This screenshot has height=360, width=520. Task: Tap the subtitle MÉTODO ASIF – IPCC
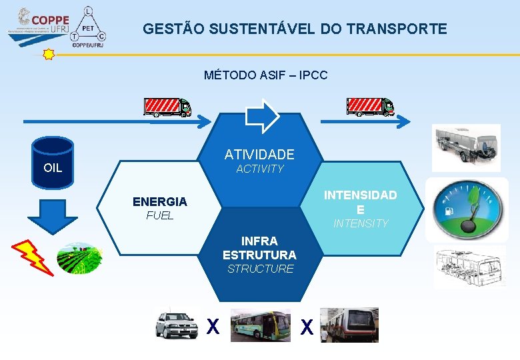(265, 75)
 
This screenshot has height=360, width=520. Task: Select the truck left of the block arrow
(167, 107)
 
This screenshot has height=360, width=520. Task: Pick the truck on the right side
(370, 107)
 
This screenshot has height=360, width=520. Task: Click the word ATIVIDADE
(259, 155)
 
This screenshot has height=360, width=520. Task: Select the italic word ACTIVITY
(260, 169)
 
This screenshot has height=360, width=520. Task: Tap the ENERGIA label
(160, 201)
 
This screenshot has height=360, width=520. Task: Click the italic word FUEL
(160, 215)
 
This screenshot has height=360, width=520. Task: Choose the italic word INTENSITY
(361, 223)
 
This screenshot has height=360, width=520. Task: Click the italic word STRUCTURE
(260, 269)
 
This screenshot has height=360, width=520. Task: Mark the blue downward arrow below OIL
(53, 213)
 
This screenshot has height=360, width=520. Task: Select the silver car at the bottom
(177, 325)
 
